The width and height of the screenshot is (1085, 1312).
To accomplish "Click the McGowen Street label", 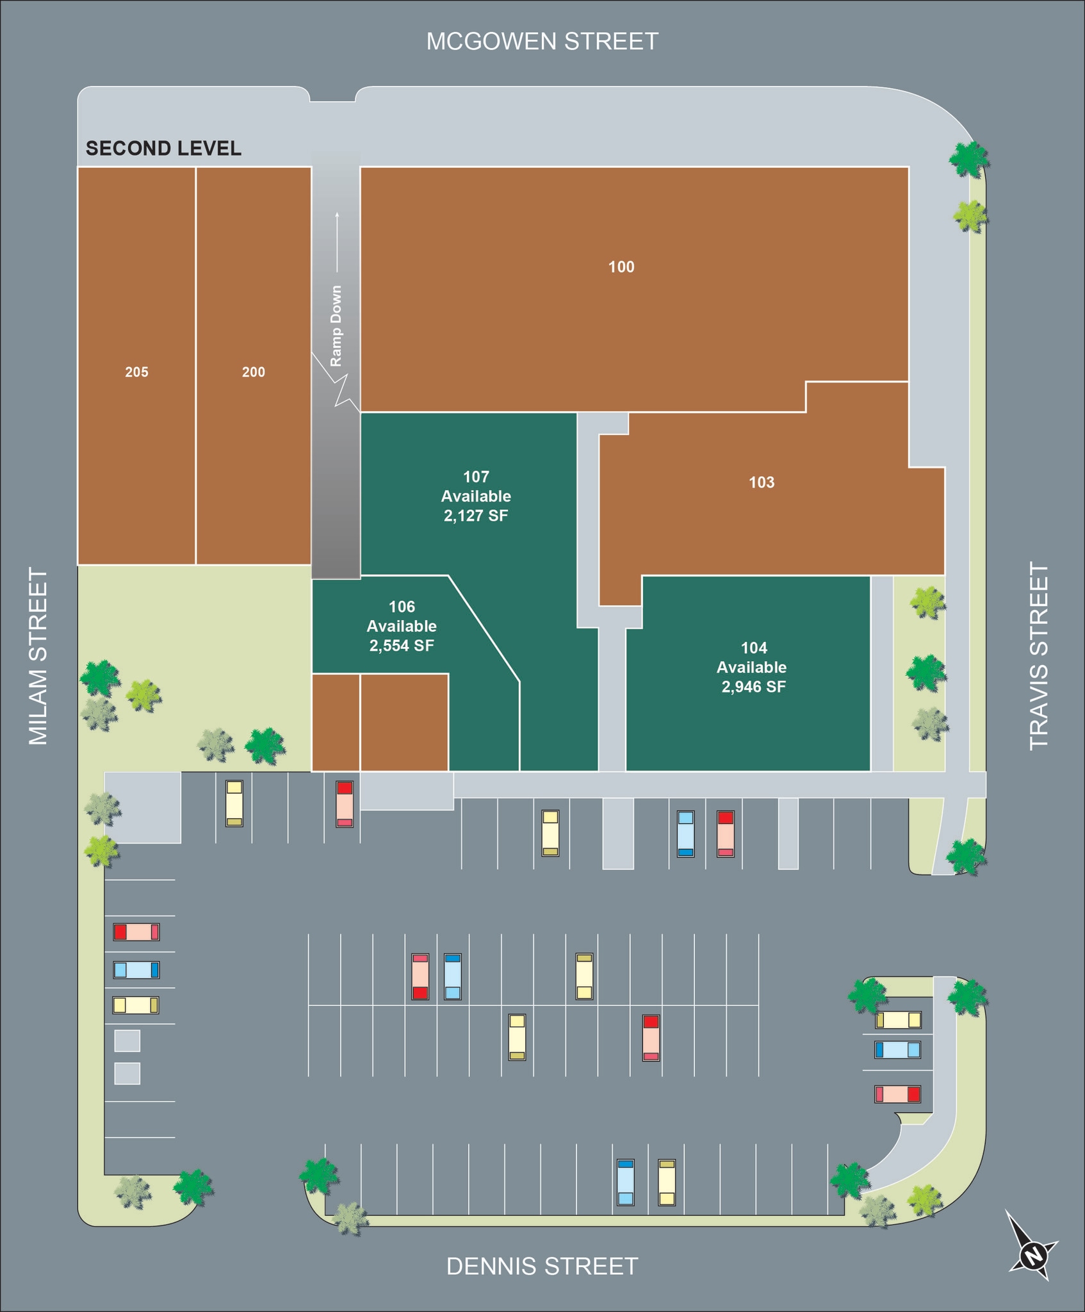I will (542, 42).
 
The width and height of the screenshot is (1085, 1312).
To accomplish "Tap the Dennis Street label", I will (542, 1267).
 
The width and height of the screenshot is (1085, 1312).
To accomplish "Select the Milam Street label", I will (39, 656).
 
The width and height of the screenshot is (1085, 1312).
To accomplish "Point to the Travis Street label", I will (1039, 656).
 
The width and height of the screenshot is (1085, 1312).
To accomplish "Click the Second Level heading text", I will (163, 149).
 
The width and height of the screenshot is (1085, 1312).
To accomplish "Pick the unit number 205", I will (136, 372).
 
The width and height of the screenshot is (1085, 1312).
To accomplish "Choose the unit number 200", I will (254, 372).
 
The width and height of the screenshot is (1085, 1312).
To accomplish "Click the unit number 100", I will (621, 267).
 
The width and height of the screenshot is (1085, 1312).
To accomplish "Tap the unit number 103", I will (762, 482).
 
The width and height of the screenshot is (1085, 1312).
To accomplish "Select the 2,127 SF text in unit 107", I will (476, 516).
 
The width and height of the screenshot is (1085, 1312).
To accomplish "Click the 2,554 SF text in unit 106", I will (402, 646).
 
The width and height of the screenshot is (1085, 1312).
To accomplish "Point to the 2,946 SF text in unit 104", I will (753, 687).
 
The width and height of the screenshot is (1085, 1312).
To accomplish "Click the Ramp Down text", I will (336, 326).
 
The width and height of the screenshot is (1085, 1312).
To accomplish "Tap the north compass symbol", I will (1032, 1254).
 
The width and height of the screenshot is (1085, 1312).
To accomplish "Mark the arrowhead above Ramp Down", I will (337, 215).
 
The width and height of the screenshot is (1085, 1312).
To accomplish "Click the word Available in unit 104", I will (751, 668).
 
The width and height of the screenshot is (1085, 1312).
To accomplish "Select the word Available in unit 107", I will (476, 496).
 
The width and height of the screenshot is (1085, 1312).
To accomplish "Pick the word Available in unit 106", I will (402, 626).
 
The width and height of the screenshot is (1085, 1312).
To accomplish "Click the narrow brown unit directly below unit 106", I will (336, 722).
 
